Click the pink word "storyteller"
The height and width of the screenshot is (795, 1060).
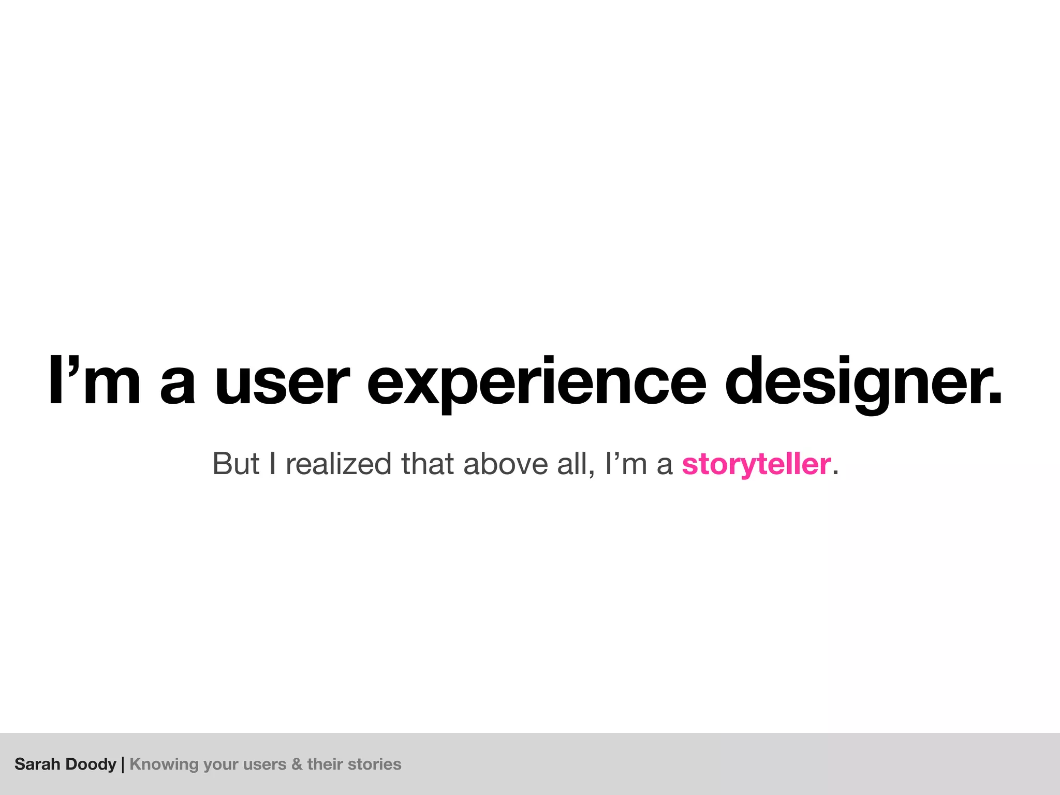[756, 464]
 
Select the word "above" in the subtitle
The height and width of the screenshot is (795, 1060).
[505, 464]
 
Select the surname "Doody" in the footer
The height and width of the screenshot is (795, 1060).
[91, 764]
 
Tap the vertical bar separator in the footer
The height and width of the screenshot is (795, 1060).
[123, 764]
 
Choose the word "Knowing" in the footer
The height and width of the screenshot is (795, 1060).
[164, 764]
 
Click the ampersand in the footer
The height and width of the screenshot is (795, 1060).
[297, 764]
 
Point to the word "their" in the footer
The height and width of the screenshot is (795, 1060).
[325, 764]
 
